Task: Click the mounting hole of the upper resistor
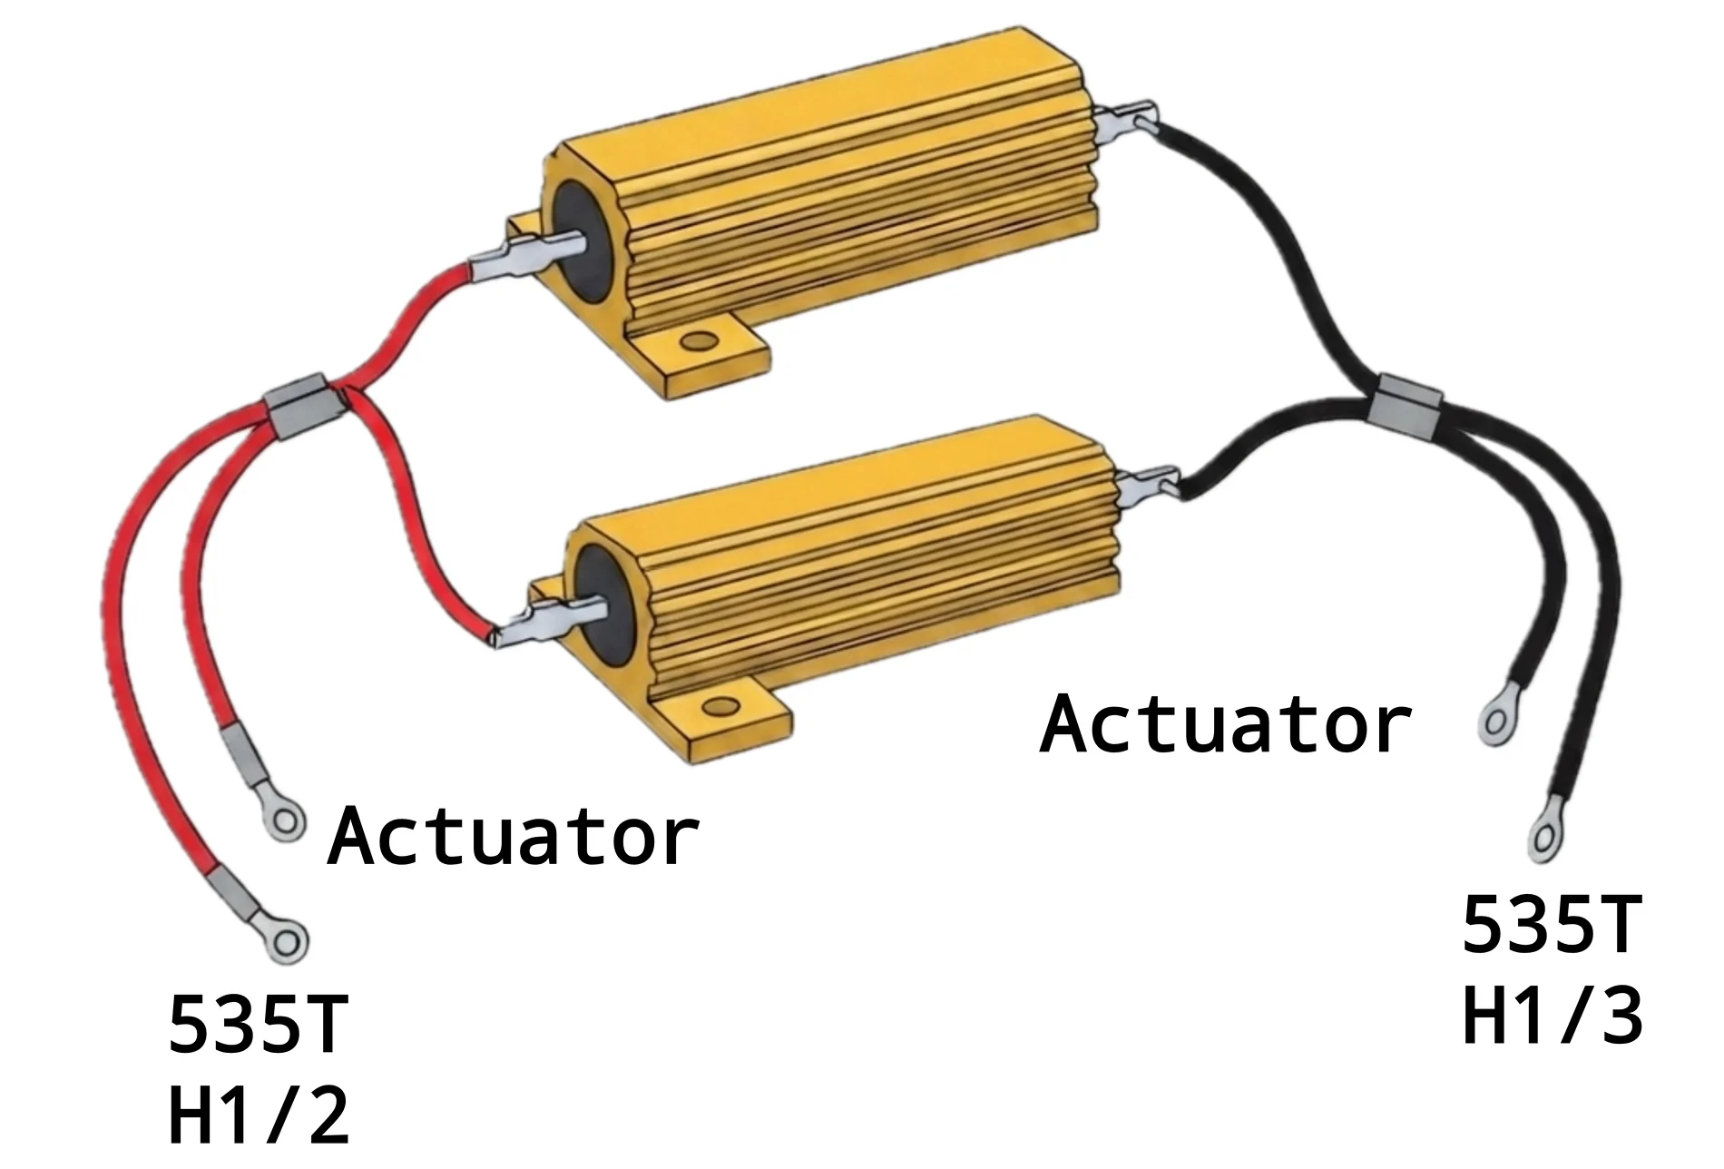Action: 698,341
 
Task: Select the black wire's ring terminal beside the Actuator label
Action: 1496,721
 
